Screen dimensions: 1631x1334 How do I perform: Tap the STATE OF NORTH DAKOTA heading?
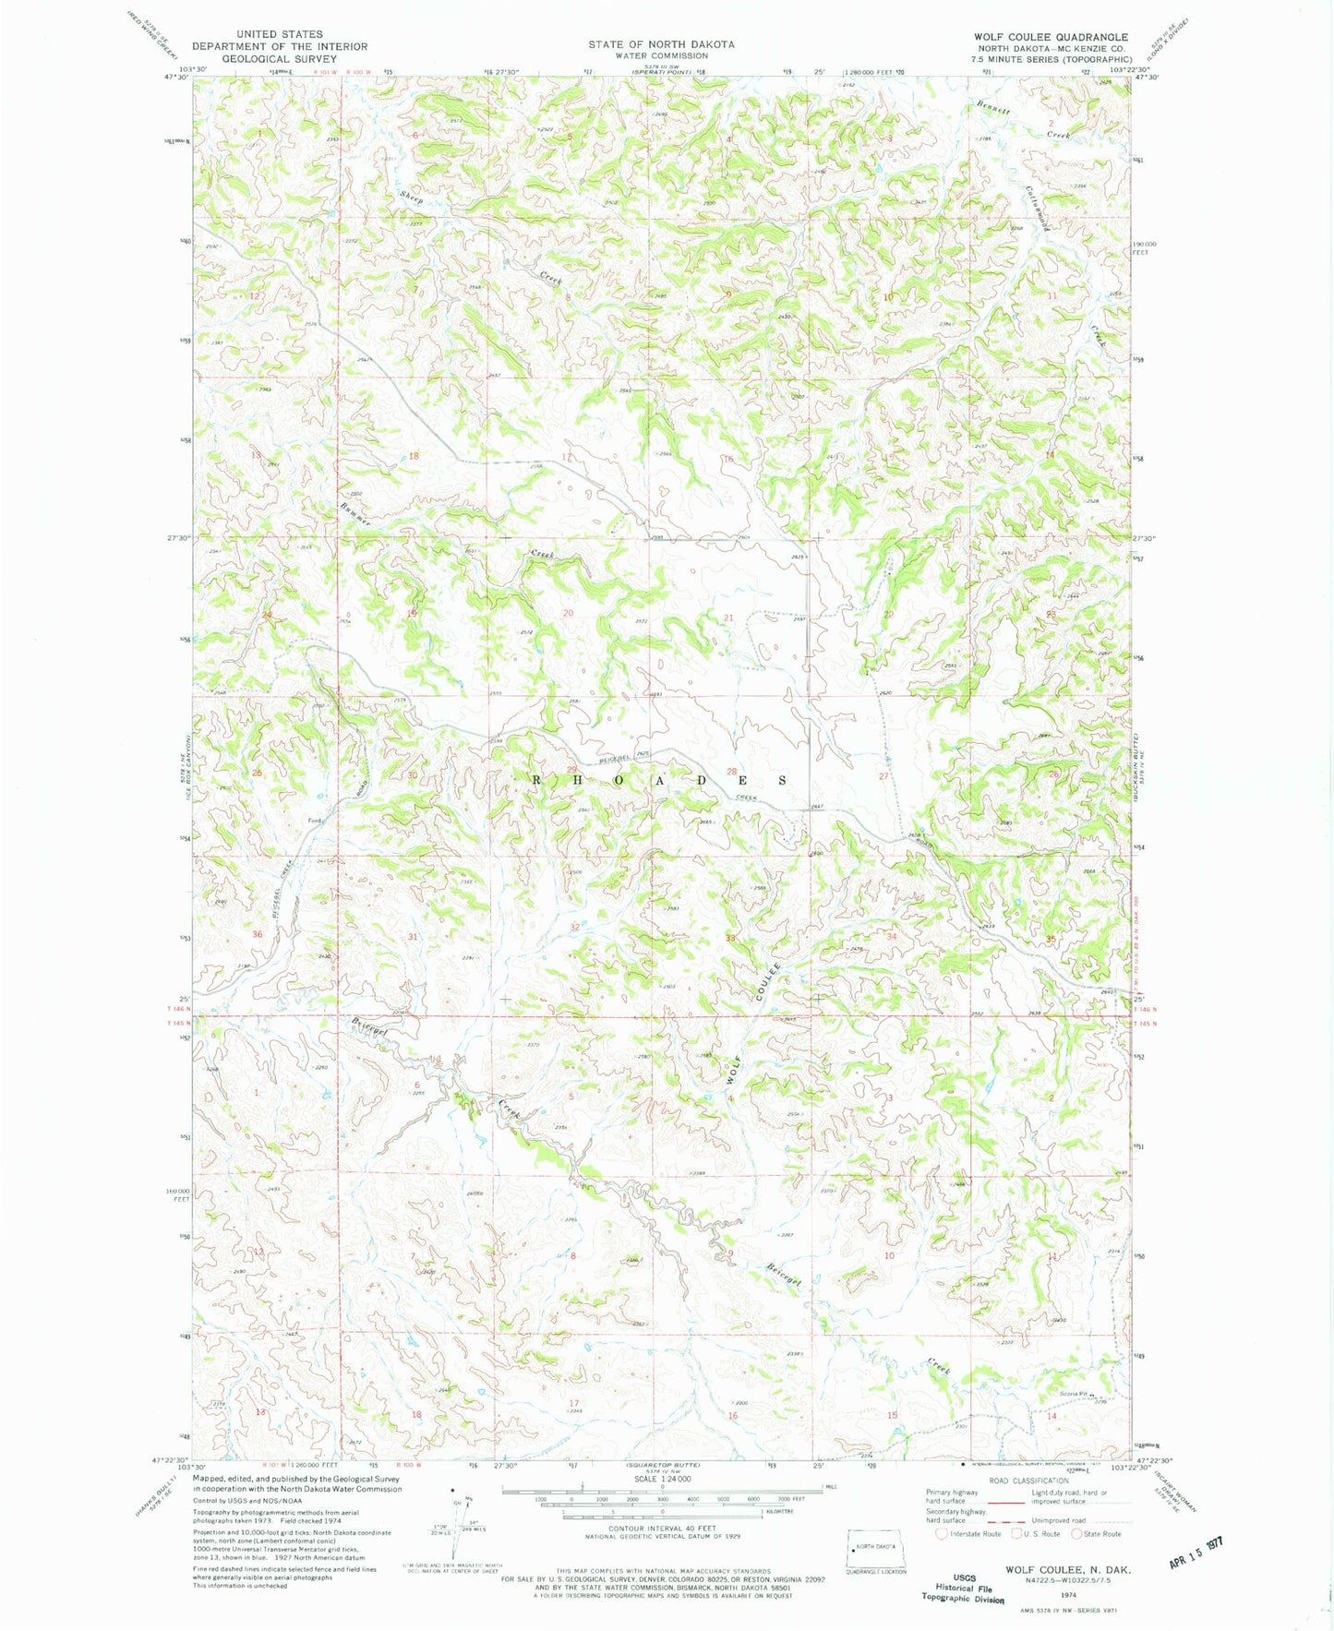(662, 44)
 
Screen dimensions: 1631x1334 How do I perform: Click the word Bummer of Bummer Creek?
(355, 509)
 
